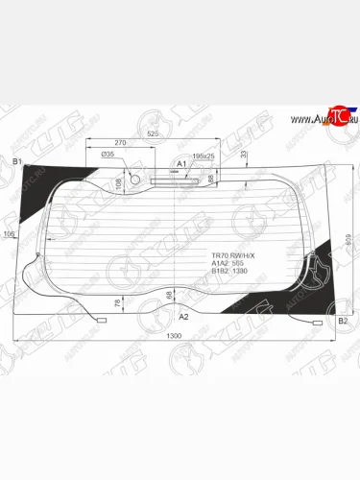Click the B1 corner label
tap(16, 162)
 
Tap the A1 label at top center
tap(180, 164)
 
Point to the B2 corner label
tap(342, 321)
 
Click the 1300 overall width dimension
tap(174, 334)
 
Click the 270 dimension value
tap(121, 141)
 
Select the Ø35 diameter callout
tap(108, 154)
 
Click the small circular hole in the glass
tap(134, 179)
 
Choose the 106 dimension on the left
tap(9, 234)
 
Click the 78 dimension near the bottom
tap(118, 303)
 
